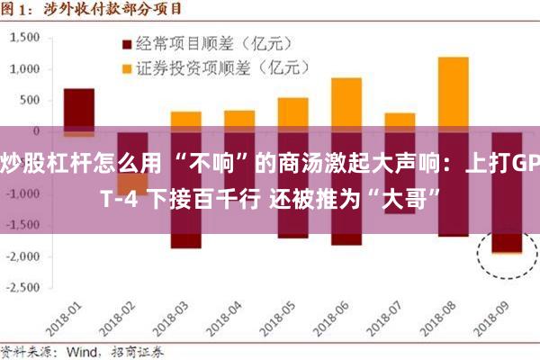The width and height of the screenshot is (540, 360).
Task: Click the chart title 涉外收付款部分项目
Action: pyautogui.click(x=117, y=10)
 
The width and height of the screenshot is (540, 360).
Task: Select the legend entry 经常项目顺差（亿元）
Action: pyautogui.click(x=202, y=42)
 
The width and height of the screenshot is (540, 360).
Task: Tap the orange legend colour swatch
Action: pyautogui.click(x=126, y=67)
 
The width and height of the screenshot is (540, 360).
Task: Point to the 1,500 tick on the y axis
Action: pyautogui.click(x=26, y=38)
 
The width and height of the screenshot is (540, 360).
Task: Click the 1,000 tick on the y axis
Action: pyautogui.click(x=26, y=69)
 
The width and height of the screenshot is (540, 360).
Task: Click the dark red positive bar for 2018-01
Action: pyautogui.click(x=79, y=108)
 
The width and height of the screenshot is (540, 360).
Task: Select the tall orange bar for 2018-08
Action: pyautogui.click(x=453, y=90)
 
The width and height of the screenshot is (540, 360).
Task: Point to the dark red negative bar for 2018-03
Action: pyautogui.click(x=185, y=238)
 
